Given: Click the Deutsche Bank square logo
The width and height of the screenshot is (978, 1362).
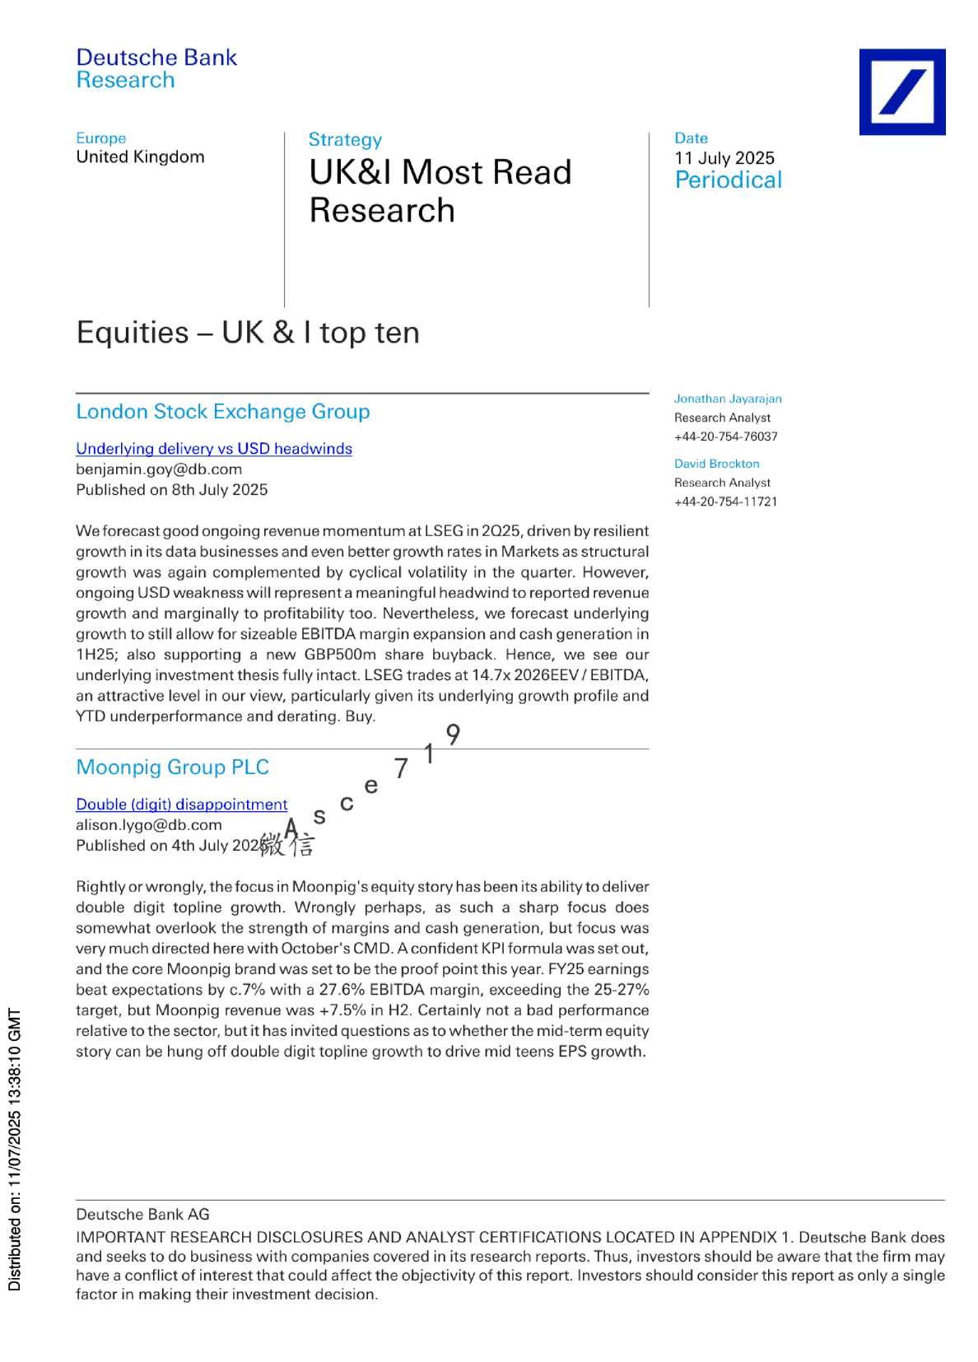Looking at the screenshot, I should (x=901, y=91).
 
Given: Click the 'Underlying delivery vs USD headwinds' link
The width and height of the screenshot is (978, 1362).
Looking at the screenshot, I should (x=214, y=449).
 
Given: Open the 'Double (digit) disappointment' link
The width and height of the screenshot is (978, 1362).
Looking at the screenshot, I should (x=182, y=805).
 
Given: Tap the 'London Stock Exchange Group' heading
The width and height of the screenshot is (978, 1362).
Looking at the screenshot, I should (x=223, y=412).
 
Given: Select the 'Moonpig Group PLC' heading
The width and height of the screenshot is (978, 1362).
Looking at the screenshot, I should (x=173, y=767).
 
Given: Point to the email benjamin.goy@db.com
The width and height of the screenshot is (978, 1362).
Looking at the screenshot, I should (x=159, y=469).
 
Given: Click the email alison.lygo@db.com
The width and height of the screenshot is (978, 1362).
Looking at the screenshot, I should (x=149, y=825).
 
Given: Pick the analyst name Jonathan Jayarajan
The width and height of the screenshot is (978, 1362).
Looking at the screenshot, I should (x=728, y=399).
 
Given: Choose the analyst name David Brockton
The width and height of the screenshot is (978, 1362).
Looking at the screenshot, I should (x=717, y=464).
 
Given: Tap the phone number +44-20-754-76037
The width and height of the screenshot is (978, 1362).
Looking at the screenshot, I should (x=725, y=436).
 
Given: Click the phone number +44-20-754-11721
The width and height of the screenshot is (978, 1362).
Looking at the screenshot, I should (x=725, y=501).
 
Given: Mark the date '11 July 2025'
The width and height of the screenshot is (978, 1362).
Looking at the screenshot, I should (x=724, y=158).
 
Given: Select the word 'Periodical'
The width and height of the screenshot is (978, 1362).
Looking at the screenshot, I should (x=729, y=180).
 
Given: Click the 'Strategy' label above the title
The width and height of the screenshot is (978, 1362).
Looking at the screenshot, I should (x=345, y=140).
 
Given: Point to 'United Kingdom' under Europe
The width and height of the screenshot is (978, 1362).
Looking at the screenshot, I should (x=140, y=157).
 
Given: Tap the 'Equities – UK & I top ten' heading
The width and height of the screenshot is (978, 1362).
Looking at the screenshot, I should (x=248, y=333).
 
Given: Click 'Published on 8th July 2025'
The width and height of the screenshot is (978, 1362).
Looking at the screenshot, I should (x=172, y=490).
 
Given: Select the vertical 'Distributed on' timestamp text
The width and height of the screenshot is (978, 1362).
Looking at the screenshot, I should (x=15, y=1149).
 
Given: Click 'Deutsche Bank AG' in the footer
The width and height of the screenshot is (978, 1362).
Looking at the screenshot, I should (x=142, y=1215).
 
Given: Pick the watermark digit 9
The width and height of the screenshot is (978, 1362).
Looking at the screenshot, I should (x=453, y=734).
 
